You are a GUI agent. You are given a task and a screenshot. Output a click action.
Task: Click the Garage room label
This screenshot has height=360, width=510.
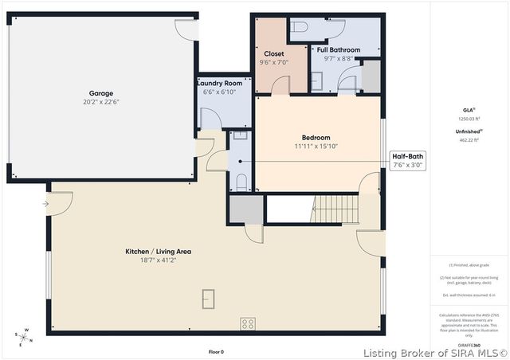[x=100, y=93]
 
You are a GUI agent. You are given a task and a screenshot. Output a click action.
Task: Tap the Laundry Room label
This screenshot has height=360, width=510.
[x=221, y=83]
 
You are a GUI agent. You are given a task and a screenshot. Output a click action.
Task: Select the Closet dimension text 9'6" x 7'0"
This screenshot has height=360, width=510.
[x=273, y=62]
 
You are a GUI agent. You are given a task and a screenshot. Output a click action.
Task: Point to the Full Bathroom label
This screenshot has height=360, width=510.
[x=338, y=49]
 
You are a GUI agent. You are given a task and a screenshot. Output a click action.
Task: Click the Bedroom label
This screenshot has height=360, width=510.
[x=316, y=138]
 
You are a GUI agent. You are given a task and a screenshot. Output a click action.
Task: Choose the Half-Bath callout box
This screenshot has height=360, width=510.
[x=407, y=161]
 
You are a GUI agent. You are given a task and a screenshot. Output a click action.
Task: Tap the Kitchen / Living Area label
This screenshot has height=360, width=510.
[x=158, y=252]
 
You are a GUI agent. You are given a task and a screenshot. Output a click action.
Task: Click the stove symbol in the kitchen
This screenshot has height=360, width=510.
[x=248, y=323]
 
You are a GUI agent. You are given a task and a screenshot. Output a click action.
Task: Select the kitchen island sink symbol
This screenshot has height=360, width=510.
[x=208, y=299]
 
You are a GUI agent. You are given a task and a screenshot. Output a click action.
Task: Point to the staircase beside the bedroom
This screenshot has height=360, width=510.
[x=335, y=209]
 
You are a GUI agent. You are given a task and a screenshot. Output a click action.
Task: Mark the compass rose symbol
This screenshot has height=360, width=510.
[x=25, y=337]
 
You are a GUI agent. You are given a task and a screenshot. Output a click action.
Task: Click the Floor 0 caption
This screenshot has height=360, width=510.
[x=216, y=351]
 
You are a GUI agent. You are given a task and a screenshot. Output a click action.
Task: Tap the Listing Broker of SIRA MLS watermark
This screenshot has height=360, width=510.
[x=436, y=352]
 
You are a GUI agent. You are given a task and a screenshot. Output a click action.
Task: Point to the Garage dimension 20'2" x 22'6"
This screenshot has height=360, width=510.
[x=100, y=102]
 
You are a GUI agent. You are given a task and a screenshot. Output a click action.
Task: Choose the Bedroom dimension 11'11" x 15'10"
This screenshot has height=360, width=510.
[x=316, y=147]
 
